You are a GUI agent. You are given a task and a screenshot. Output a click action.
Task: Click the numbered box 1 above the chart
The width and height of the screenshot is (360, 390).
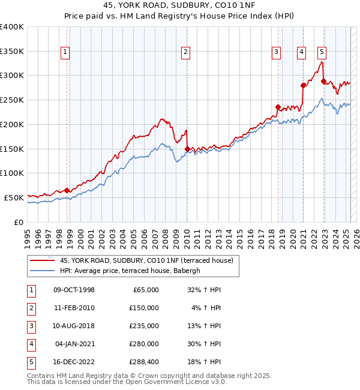(64, 52)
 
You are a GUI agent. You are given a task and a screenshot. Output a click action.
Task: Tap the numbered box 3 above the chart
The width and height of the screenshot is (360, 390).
(276, 52)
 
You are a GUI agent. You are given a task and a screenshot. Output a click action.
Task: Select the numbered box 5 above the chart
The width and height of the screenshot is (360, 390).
(322, 52)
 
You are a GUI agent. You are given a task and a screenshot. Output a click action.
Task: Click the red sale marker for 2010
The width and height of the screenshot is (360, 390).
(187, 149)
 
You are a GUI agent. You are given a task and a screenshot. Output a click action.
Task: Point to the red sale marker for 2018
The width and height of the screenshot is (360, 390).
(278, 107)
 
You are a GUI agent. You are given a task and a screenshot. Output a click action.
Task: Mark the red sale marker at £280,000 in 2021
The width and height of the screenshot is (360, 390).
(304, 85)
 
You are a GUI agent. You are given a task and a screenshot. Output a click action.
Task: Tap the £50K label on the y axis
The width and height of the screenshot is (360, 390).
(14, 197)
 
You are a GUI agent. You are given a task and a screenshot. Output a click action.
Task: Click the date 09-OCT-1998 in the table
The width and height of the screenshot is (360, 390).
(74, 290)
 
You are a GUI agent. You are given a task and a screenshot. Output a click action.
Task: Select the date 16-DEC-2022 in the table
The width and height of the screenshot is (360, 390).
(74, 362)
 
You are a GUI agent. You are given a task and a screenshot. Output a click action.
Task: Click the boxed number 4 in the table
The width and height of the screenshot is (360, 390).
(30, 344)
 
